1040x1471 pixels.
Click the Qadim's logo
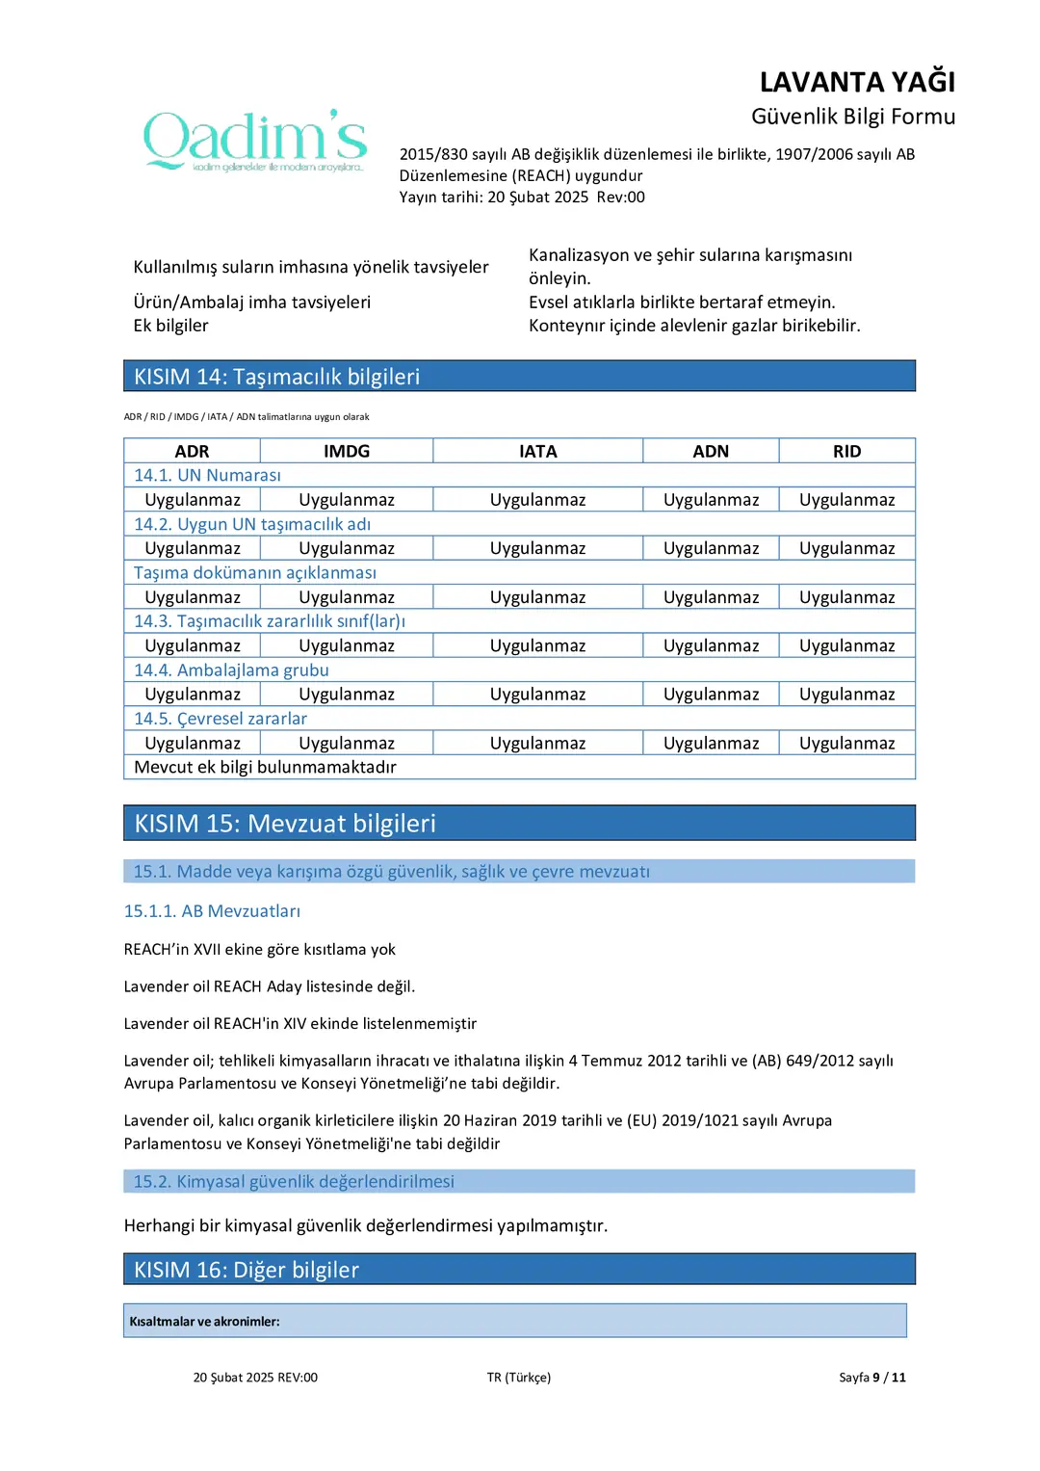[255, 141]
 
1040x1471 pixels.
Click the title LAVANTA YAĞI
[857, 82]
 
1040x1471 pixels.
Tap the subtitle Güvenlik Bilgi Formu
[853, 117]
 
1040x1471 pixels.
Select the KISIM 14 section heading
[277, 377]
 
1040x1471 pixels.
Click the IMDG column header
[347, 451]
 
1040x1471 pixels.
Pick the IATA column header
[537, 451]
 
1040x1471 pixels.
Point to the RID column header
[846, 451]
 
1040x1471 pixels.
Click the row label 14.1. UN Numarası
[208, 475]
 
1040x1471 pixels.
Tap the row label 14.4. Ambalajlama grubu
[231, 670]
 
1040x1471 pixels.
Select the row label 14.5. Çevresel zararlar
[221, 719]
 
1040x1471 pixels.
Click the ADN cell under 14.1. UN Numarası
[711, 500]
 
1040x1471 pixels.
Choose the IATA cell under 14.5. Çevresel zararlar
[537, 743]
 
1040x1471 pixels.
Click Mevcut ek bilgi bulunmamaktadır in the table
[265, 767]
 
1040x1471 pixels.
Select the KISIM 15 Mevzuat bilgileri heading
[285, 824]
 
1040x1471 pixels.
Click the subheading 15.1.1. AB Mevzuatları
[212, 911]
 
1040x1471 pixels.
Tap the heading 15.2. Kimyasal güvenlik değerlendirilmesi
[294, 1181]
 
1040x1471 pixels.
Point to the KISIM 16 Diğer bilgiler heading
[247, 1270]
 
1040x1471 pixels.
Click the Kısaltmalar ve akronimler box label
[204, 1322]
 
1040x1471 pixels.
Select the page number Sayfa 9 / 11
[871, 1378]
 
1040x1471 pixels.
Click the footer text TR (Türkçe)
[519, 1378]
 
